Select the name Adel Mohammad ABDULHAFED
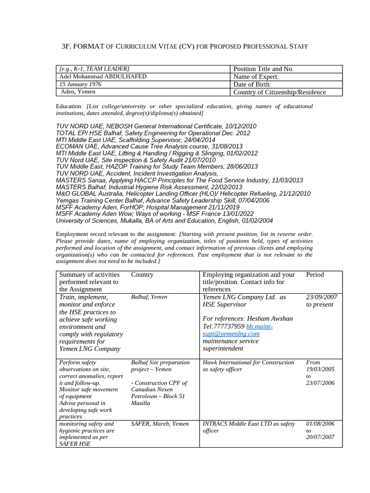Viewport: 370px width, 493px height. coord(103,77)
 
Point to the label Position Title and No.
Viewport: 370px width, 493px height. coord(263,69)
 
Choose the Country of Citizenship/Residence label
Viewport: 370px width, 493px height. coord(279,92)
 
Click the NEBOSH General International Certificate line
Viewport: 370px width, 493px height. coord(156,126)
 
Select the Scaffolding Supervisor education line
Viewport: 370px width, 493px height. coord(135,140)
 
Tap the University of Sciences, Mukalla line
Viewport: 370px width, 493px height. coord(164,221)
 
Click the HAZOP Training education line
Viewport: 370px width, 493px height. coord(157,167)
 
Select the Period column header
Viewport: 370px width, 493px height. coord(315,274)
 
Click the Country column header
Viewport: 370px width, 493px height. coord(142,274)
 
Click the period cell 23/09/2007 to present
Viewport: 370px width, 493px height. coord(321,301)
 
